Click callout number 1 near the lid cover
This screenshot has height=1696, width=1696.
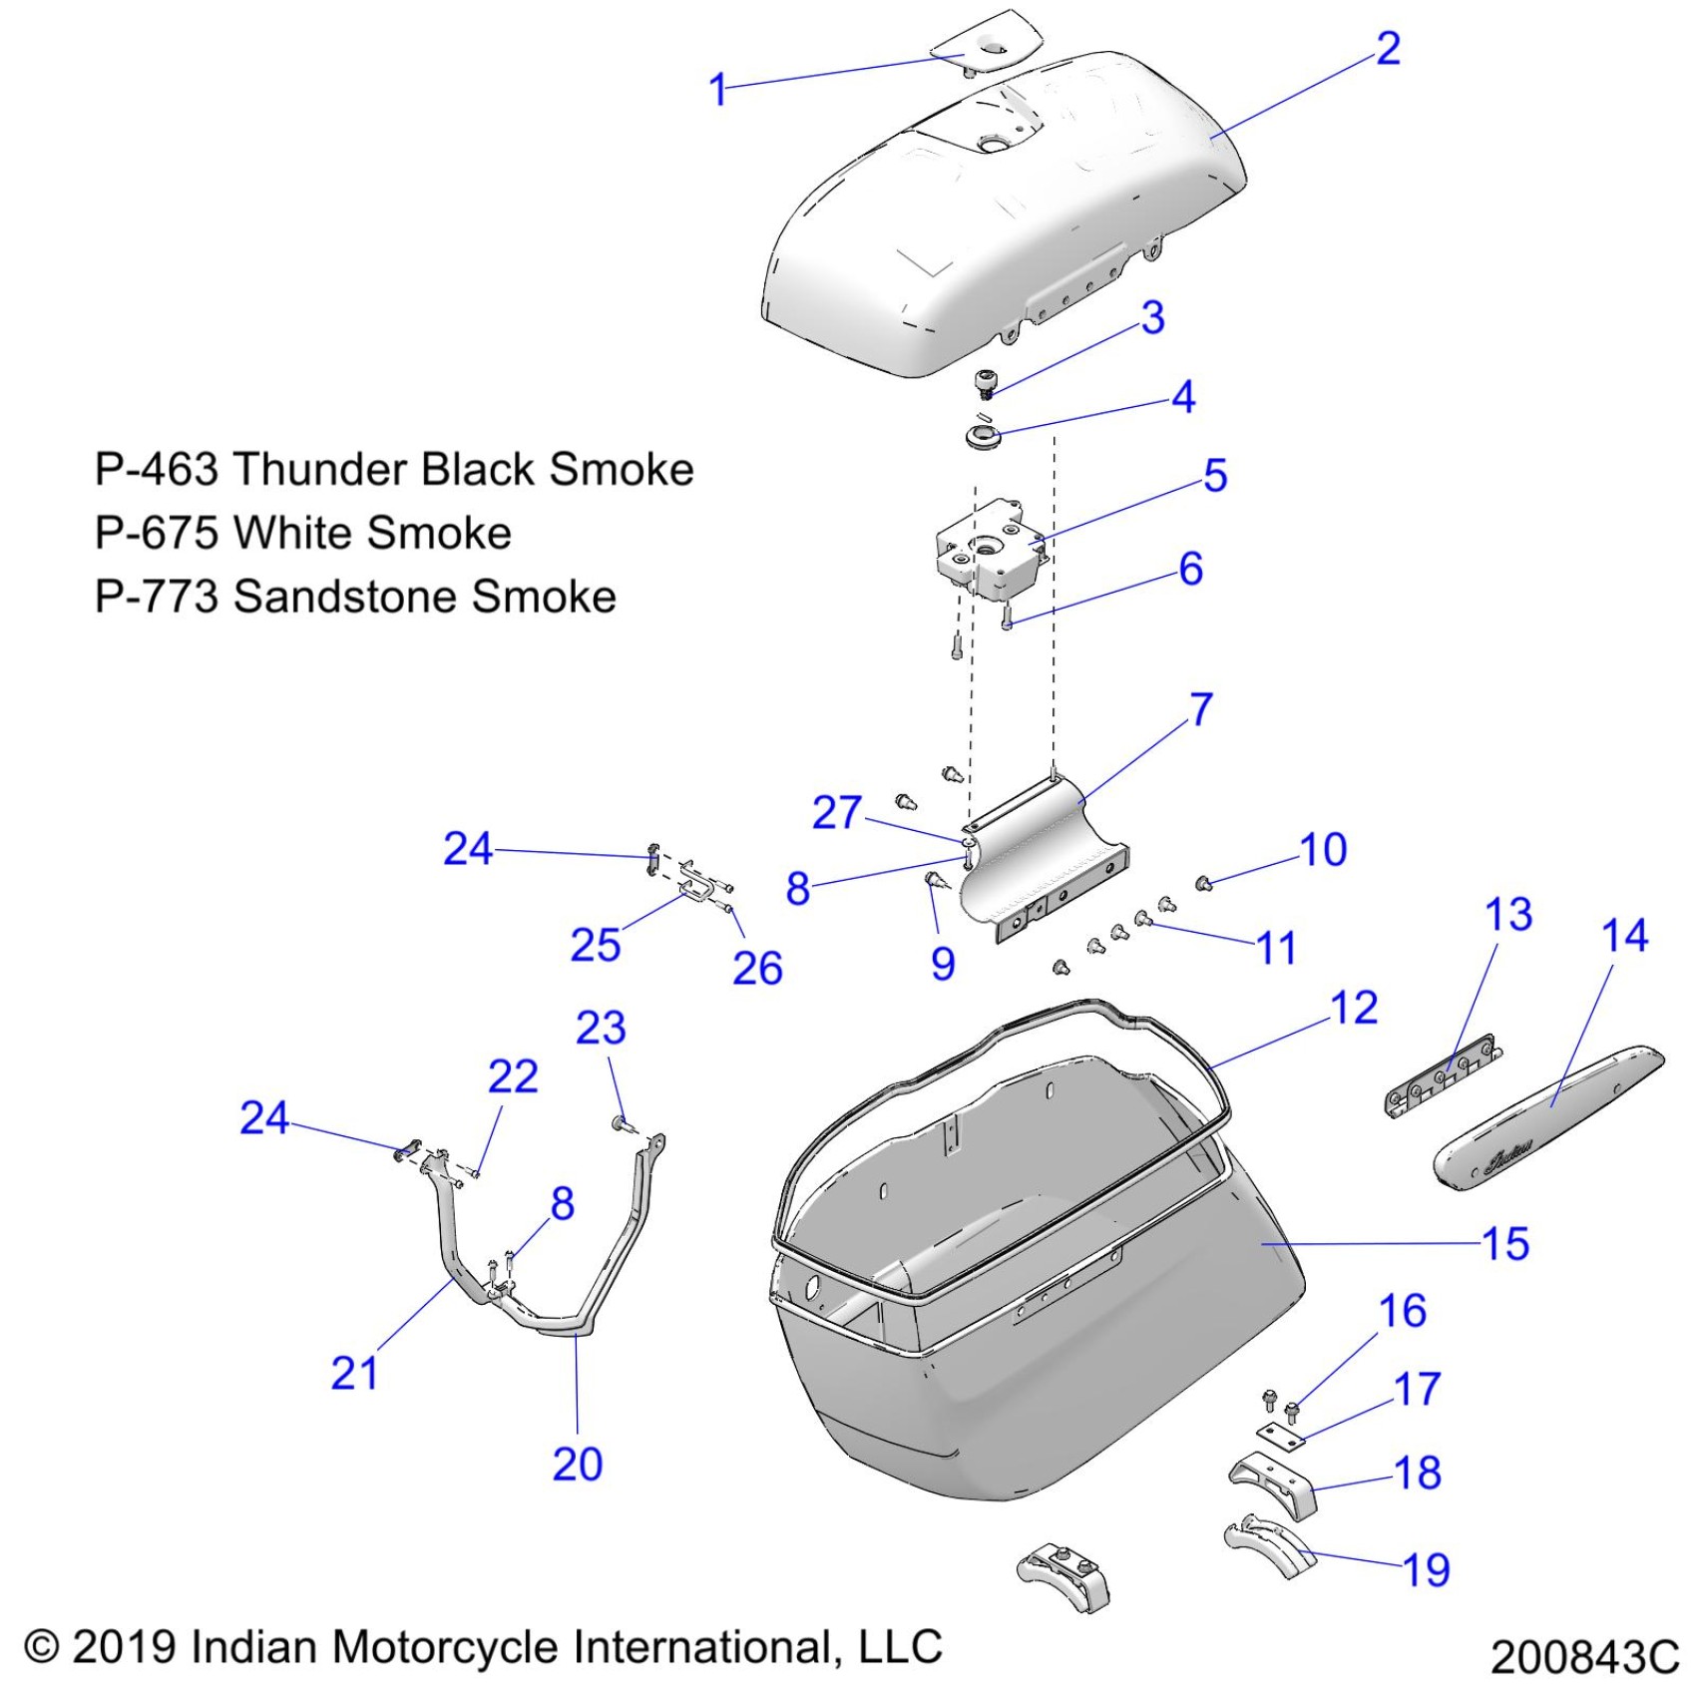click(717, 90)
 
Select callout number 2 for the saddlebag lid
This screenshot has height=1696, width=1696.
click(1388, 48)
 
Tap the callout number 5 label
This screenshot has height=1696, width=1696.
click(1214, 476)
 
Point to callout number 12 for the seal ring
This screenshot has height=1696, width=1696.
click(1354, 1008)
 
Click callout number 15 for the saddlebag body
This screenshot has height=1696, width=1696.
click(1505, 1244)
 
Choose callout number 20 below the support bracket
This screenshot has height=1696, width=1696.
click(578, 1464)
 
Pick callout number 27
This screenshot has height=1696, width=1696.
click(836, 812)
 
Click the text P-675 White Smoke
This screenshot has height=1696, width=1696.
click(302, 533)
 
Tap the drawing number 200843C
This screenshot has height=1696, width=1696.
click(1584, 1657)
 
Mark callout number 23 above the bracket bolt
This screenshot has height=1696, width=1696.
click(601, 1028)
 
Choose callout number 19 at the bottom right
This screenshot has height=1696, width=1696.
click(1426, 1569)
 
